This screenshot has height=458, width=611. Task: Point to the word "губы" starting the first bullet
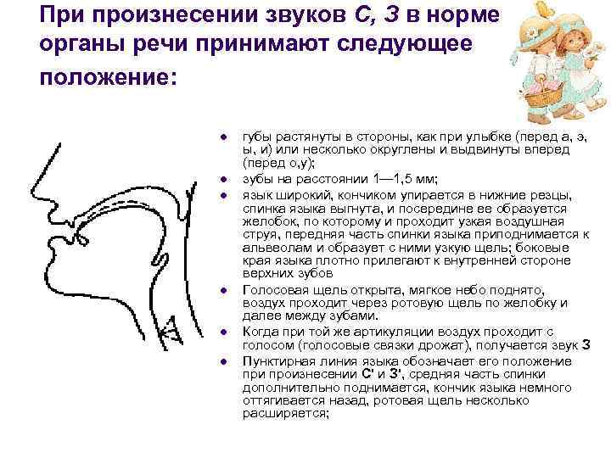pyautogui.click(x=258, y=136)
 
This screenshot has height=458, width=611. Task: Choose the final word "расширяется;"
pyautogui.click(x=285, y=414)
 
